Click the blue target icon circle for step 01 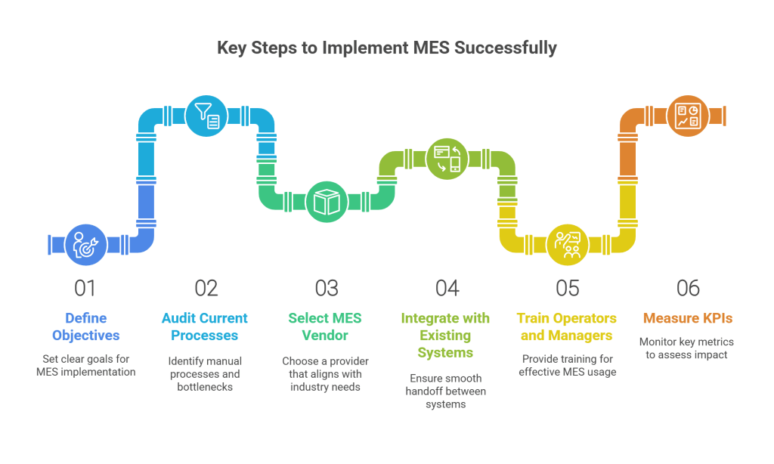[85, 245]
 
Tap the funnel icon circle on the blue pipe [206, 116]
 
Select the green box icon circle [326, 202]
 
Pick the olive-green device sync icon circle [447, 159]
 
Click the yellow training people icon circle [567, 245]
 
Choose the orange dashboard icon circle [688, 116]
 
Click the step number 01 [85, 288]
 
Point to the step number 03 [327, 288]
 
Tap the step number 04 [447, 288]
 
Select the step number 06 [688, 288]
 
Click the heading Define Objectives [85, 326]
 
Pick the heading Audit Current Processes [204, 326]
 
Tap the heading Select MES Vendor [326, 326]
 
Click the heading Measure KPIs [688, 318]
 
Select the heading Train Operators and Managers [567, 326]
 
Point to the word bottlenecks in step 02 [204, 386]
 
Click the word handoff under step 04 [424, 391]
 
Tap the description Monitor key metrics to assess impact [688, 348]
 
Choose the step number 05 [567, 288]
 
